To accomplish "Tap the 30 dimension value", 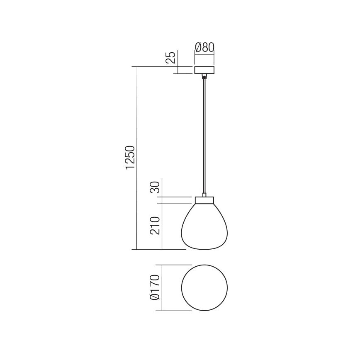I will tap(155, 188).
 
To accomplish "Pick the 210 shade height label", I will tap(155, 226).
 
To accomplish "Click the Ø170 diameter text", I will tap(155, 287).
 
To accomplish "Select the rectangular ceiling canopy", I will tap(204, 70).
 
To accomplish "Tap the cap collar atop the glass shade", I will tap(204, 201).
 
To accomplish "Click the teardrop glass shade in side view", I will tap(204, 228).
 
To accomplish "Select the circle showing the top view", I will tap(205, 287).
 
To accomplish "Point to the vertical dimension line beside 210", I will tap(162, 226).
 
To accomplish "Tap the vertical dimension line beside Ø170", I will tap(162, 287).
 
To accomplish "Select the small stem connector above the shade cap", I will tap(204, 195).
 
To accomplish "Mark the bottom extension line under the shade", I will tap(158, 250).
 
